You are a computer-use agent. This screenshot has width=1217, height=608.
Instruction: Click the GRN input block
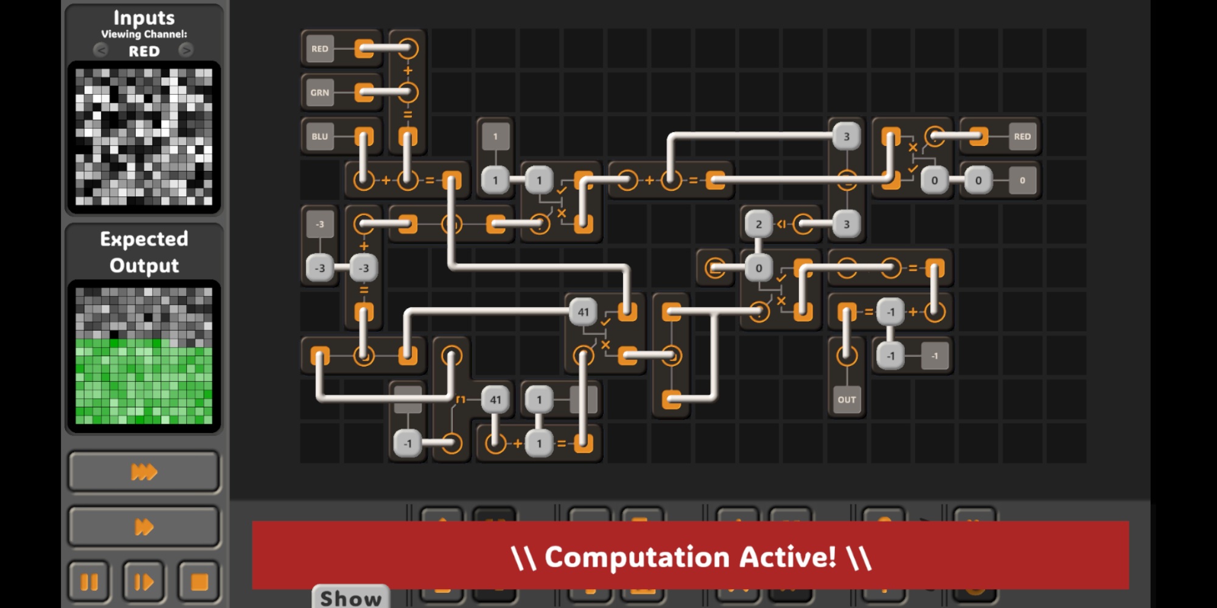(319, 92)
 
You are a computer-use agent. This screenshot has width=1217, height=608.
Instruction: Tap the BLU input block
(319, 136)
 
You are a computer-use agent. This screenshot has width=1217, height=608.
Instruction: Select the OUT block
(846, 399)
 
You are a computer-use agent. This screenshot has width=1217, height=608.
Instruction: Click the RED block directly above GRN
(319, 49)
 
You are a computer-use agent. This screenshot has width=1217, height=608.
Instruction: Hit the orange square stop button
(199, 582)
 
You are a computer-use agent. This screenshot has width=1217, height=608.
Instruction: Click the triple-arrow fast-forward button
(144, 471)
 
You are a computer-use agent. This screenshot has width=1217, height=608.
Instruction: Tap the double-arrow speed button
(144, 527)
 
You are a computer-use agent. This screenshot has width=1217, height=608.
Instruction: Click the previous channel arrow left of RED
(101, 50)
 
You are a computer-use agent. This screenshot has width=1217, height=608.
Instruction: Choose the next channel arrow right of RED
(186, 50)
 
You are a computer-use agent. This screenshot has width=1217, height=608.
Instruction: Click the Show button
(351, 598)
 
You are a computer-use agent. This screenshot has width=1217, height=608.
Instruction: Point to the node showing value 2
(758, 224)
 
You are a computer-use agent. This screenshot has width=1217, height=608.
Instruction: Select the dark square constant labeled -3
(319, 224)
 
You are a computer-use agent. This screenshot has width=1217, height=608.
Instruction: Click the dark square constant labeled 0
(1022, 180)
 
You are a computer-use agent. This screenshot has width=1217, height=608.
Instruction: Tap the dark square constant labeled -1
(935, 356)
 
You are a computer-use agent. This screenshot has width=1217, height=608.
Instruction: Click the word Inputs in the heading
(144, 18)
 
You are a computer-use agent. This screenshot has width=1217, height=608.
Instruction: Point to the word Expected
(144, 239)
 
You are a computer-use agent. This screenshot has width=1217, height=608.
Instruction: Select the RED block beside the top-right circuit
(1022, 136)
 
